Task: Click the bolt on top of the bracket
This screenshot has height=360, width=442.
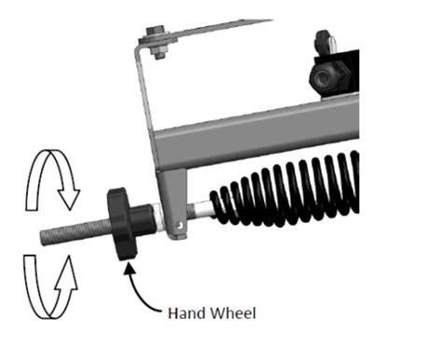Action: click(x=155, y=41)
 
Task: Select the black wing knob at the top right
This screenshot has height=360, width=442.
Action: click(x=325, y=41)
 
